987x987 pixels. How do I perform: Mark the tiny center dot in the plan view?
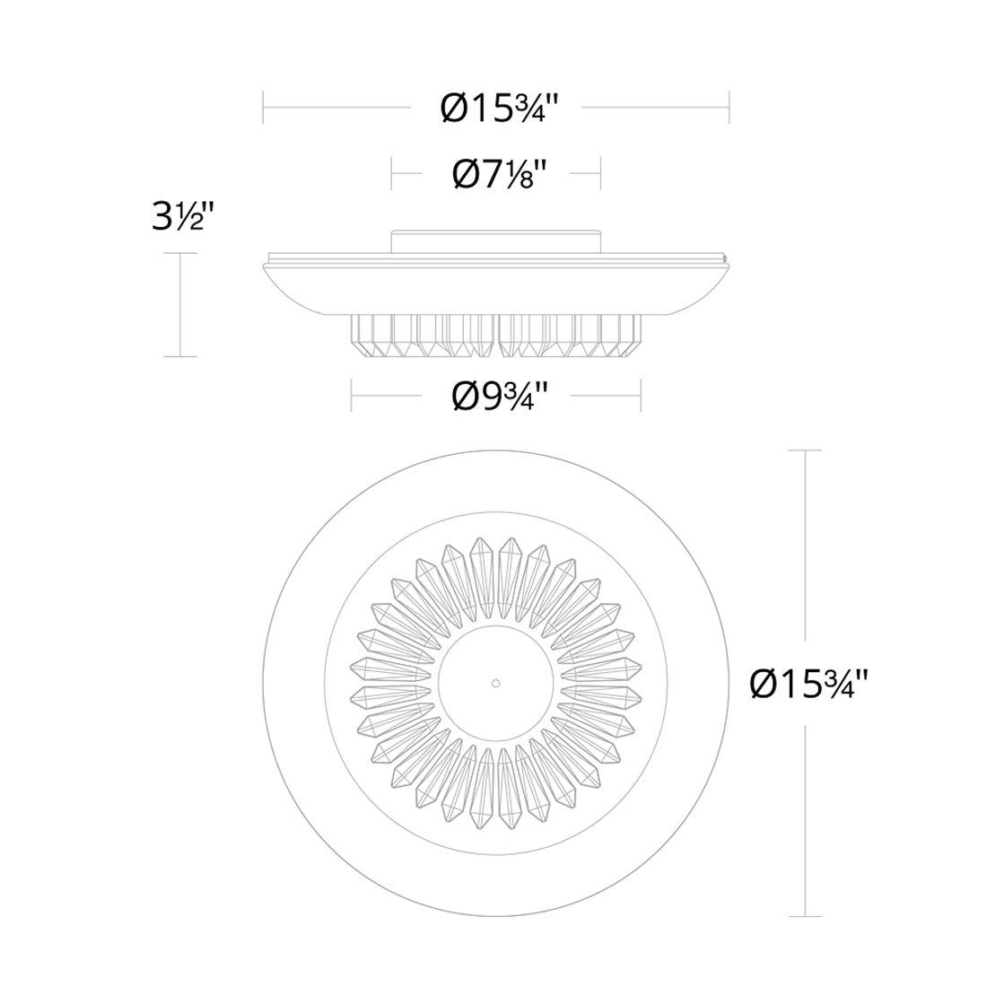pyautogui.click(x=494, y=683)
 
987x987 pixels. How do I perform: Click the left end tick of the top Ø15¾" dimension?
pyautogui.click(x=263, y=109)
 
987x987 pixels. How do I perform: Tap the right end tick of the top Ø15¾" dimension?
pyautogui.click(x=729, y=109)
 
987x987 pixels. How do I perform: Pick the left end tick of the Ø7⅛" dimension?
pyautogui.click(x=392, y=172)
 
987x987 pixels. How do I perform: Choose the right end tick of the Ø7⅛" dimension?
pyautogui.click(x=599, y=172)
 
